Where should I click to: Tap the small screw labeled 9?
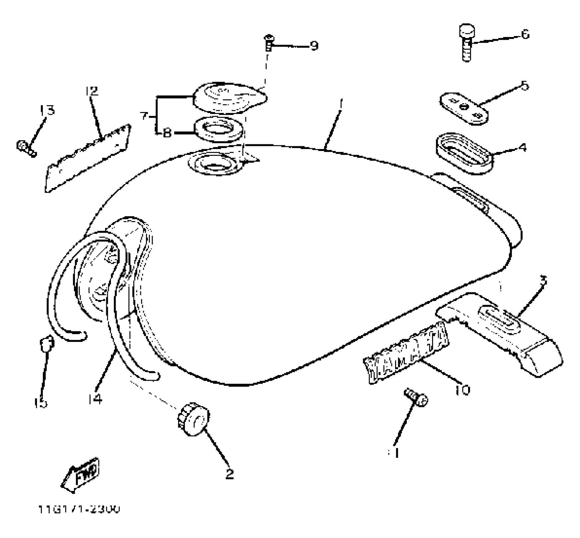pos(268,43)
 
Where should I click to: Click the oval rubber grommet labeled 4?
pos(464,153)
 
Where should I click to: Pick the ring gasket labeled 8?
pos(218,130)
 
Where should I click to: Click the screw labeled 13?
pos(26,148)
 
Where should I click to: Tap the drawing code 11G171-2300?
pos(79,510)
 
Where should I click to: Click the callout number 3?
pos(543,280)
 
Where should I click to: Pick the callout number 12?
pos(92,91)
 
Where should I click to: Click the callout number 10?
pos(462,390)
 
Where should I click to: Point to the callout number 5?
pos(524,85)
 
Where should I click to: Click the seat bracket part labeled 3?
pos(499,335)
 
